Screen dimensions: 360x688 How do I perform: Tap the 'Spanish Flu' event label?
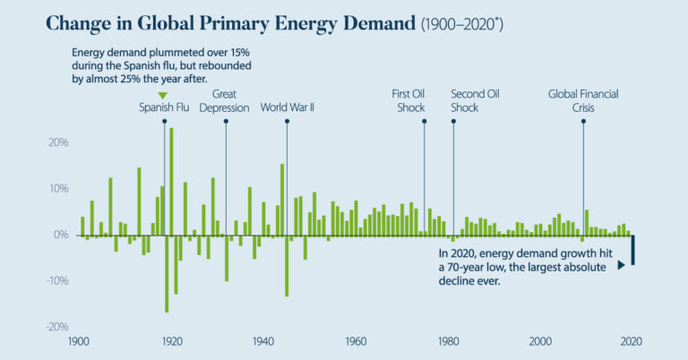(163, 108)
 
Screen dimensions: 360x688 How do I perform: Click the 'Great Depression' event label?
(224, 101)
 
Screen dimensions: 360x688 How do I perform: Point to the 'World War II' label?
(287, 108)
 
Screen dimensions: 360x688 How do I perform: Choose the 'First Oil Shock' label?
(411, 101)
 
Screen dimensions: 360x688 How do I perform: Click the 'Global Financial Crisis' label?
(583, 101)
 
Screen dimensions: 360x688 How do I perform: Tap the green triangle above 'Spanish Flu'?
(162, 96)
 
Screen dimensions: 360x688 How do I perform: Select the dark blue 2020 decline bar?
(633, 250)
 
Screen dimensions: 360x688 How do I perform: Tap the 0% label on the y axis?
(60, 235)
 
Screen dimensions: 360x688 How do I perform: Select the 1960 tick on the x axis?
(355, 341)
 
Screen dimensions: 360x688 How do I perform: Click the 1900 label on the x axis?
(80, 341)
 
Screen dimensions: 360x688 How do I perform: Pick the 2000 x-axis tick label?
(540, 341)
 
